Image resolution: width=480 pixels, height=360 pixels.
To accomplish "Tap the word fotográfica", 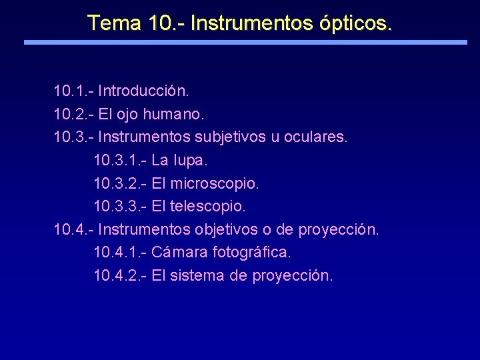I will (x=251, y=253).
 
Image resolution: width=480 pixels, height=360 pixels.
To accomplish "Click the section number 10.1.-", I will (x=73, y=89).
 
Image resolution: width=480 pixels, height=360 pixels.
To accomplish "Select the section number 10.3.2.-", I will (x=120, y=183).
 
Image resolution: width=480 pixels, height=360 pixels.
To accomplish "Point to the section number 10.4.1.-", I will (x=120, y=253).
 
